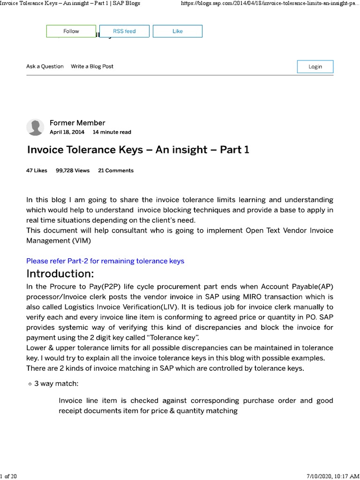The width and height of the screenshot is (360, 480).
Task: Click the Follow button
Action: pyautogui.click(x=71, y=31)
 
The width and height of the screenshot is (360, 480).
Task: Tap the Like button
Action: pyautogui.click(x=178, y=31)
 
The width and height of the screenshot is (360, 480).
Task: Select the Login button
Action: pyautogui.click(x=315, y=67)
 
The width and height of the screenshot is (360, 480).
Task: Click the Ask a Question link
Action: pyautogui.click(x=45, y=67)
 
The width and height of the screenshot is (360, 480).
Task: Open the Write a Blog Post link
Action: pyautogui.click(x=92, y=67)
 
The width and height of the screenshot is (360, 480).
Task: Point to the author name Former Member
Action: pyautogui.click(x=77, y=123)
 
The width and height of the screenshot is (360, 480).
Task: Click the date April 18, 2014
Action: pyautogui.click(x=67, y=132)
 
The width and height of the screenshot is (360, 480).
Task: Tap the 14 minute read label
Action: pyautogui.click(x=112, y=132)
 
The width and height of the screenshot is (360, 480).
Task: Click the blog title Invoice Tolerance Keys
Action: pyautogui.click(x=138, y=150)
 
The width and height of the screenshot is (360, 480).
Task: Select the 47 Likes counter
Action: pyautogui.click(x=37, y=171)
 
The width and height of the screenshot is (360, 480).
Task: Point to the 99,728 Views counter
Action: pyautogui.click(x=73, y=171)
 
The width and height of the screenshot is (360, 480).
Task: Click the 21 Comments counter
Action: pyautogui.click(x=116, y=171)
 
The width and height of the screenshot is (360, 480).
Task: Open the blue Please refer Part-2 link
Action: pyautogui.click(x=105, y=261)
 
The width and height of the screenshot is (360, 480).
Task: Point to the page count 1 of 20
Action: pyautogui.click(x=9, y=476)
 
